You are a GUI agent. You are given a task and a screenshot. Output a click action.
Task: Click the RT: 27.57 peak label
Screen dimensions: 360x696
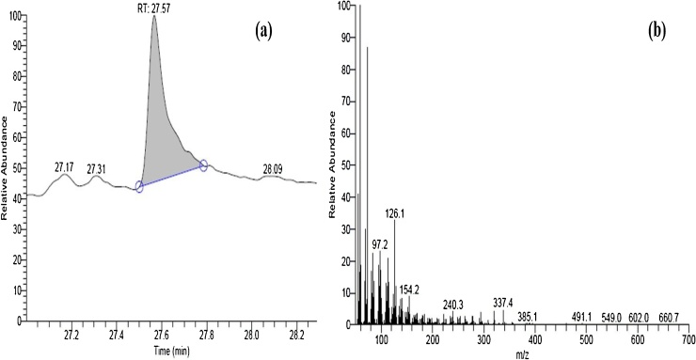(x=155, y=8)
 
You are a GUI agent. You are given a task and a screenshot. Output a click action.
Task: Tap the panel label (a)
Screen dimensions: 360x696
(x=264, y=28)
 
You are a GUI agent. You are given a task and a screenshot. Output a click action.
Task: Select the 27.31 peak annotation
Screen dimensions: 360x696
(x=98, y=169)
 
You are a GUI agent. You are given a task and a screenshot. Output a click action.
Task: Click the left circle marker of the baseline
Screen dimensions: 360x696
(x=139, y=187)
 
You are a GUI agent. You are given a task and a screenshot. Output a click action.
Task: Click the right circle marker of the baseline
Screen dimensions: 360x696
(x=203, y=165)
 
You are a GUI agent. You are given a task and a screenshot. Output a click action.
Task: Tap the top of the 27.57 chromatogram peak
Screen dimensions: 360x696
(x=153, y=16)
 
